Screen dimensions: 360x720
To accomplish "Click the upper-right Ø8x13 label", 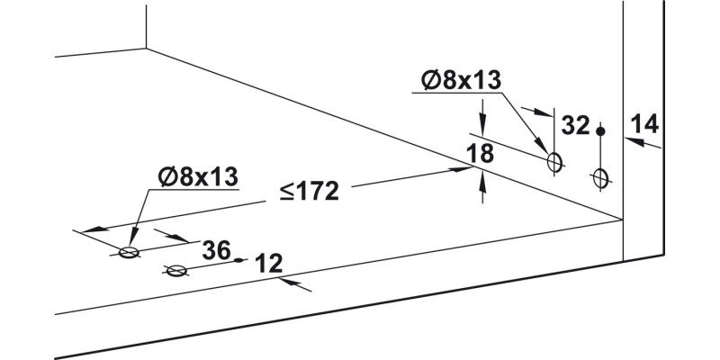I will click(x=461, y=81).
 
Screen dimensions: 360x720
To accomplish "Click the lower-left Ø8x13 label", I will click(x=196, y=176).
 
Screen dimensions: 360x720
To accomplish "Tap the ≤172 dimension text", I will click(x=308, y=192).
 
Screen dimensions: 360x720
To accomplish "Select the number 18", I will click(x=481, y=154).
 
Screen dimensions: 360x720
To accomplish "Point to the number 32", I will click(x=575, y=125).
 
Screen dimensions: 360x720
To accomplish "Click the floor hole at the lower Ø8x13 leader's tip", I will click(x=130, y=253).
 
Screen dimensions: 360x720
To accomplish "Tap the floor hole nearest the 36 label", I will click(x=176, y=271).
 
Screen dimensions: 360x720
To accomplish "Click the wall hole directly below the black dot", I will click(x=601, y=178).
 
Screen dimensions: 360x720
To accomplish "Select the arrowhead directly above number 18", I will click(x=484, y=130).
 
